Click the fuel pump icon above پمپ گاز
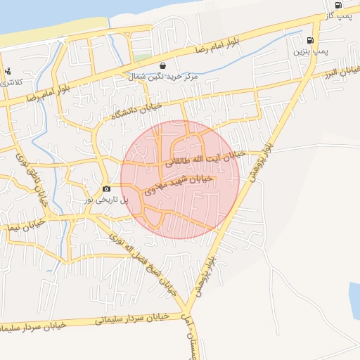(x=339, y=5)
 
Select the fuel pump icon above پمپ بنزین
(x=311, y=41)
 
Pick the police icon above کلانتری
(x=8, y=71)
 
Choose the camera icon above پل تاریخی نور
(x=106, y=188)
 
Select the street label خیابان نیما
(x=21, y=226)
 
